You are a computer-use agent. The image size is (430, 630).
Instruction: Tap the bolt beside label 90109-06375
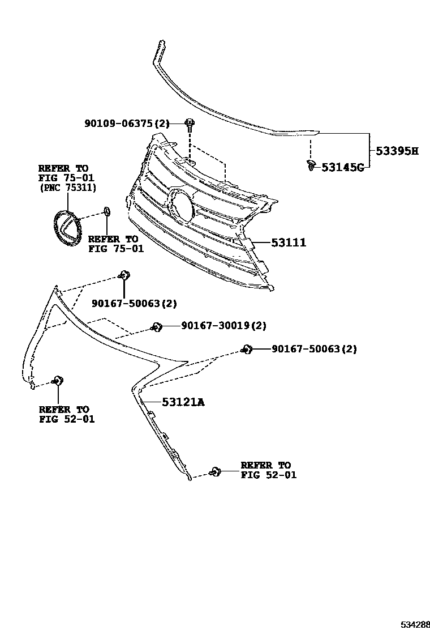pyautogui.click(x=190, y=123)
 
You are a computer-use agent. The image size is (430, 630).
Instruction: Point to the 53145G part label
pyautogui.click(x=342, y=167)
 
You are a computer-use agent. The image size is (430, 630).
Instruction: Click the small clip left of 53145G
pyautogui.click(x=311, y=165)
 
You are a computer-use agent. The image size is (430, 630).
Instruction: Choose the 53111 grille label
pyautogui.click(x=289, y=243)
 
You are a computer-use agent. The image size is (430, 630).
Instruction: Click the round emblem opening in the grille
pyautogui.click(x=182, y=205)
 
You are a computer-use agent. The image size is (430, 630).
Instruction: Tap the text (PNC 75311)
pyautogui.click(x=67, y=187)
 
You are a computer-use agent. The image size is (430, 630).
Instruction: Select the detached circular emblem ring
pyautogui.click(x=66, y=228)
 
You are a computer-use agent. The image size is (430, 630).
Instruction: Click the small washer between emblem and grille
pyautogui.click(x=106, y=212)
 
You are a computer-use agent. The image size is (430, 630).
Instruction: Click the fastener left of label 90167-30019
pyautogui.click(x=157, y=326)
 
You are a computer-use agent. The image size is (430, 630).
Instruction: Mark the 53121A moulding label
pyautogui.click(x=183, y=402)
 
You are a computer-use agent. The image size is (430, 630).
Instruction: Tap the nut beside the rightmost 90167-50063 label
pyautogui.click(x=246, y=349)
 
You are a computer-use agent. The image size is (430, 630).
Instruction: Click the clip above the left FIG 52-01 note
pyautogui.click(x=57, y=380)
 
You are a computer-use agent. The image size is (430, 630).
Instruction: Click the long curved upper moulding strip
pyautogui.click(x=226, y=113)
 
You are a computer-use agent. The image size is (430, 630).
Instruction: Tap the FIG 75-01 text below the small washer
pyautogui.click(x=116, y=248)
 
